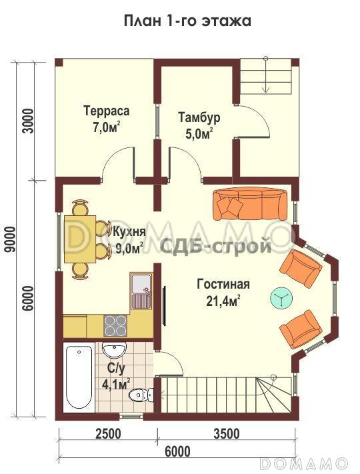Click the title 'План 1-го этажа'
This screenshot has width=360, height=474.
coord(187,21)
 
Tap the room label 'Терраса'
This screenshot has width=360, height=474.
coord(106,110)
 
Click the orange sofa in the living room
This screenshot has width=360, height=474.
coord(250,203)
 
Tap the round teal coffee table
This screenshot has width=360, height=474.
coord(281,299)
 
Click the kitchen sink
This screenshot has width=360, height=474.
coord(142,290)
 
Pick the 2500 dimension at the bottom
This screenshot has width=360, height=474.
coord(108,434)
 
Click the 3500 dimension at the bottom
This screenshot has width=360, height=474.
coord(227,434)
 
